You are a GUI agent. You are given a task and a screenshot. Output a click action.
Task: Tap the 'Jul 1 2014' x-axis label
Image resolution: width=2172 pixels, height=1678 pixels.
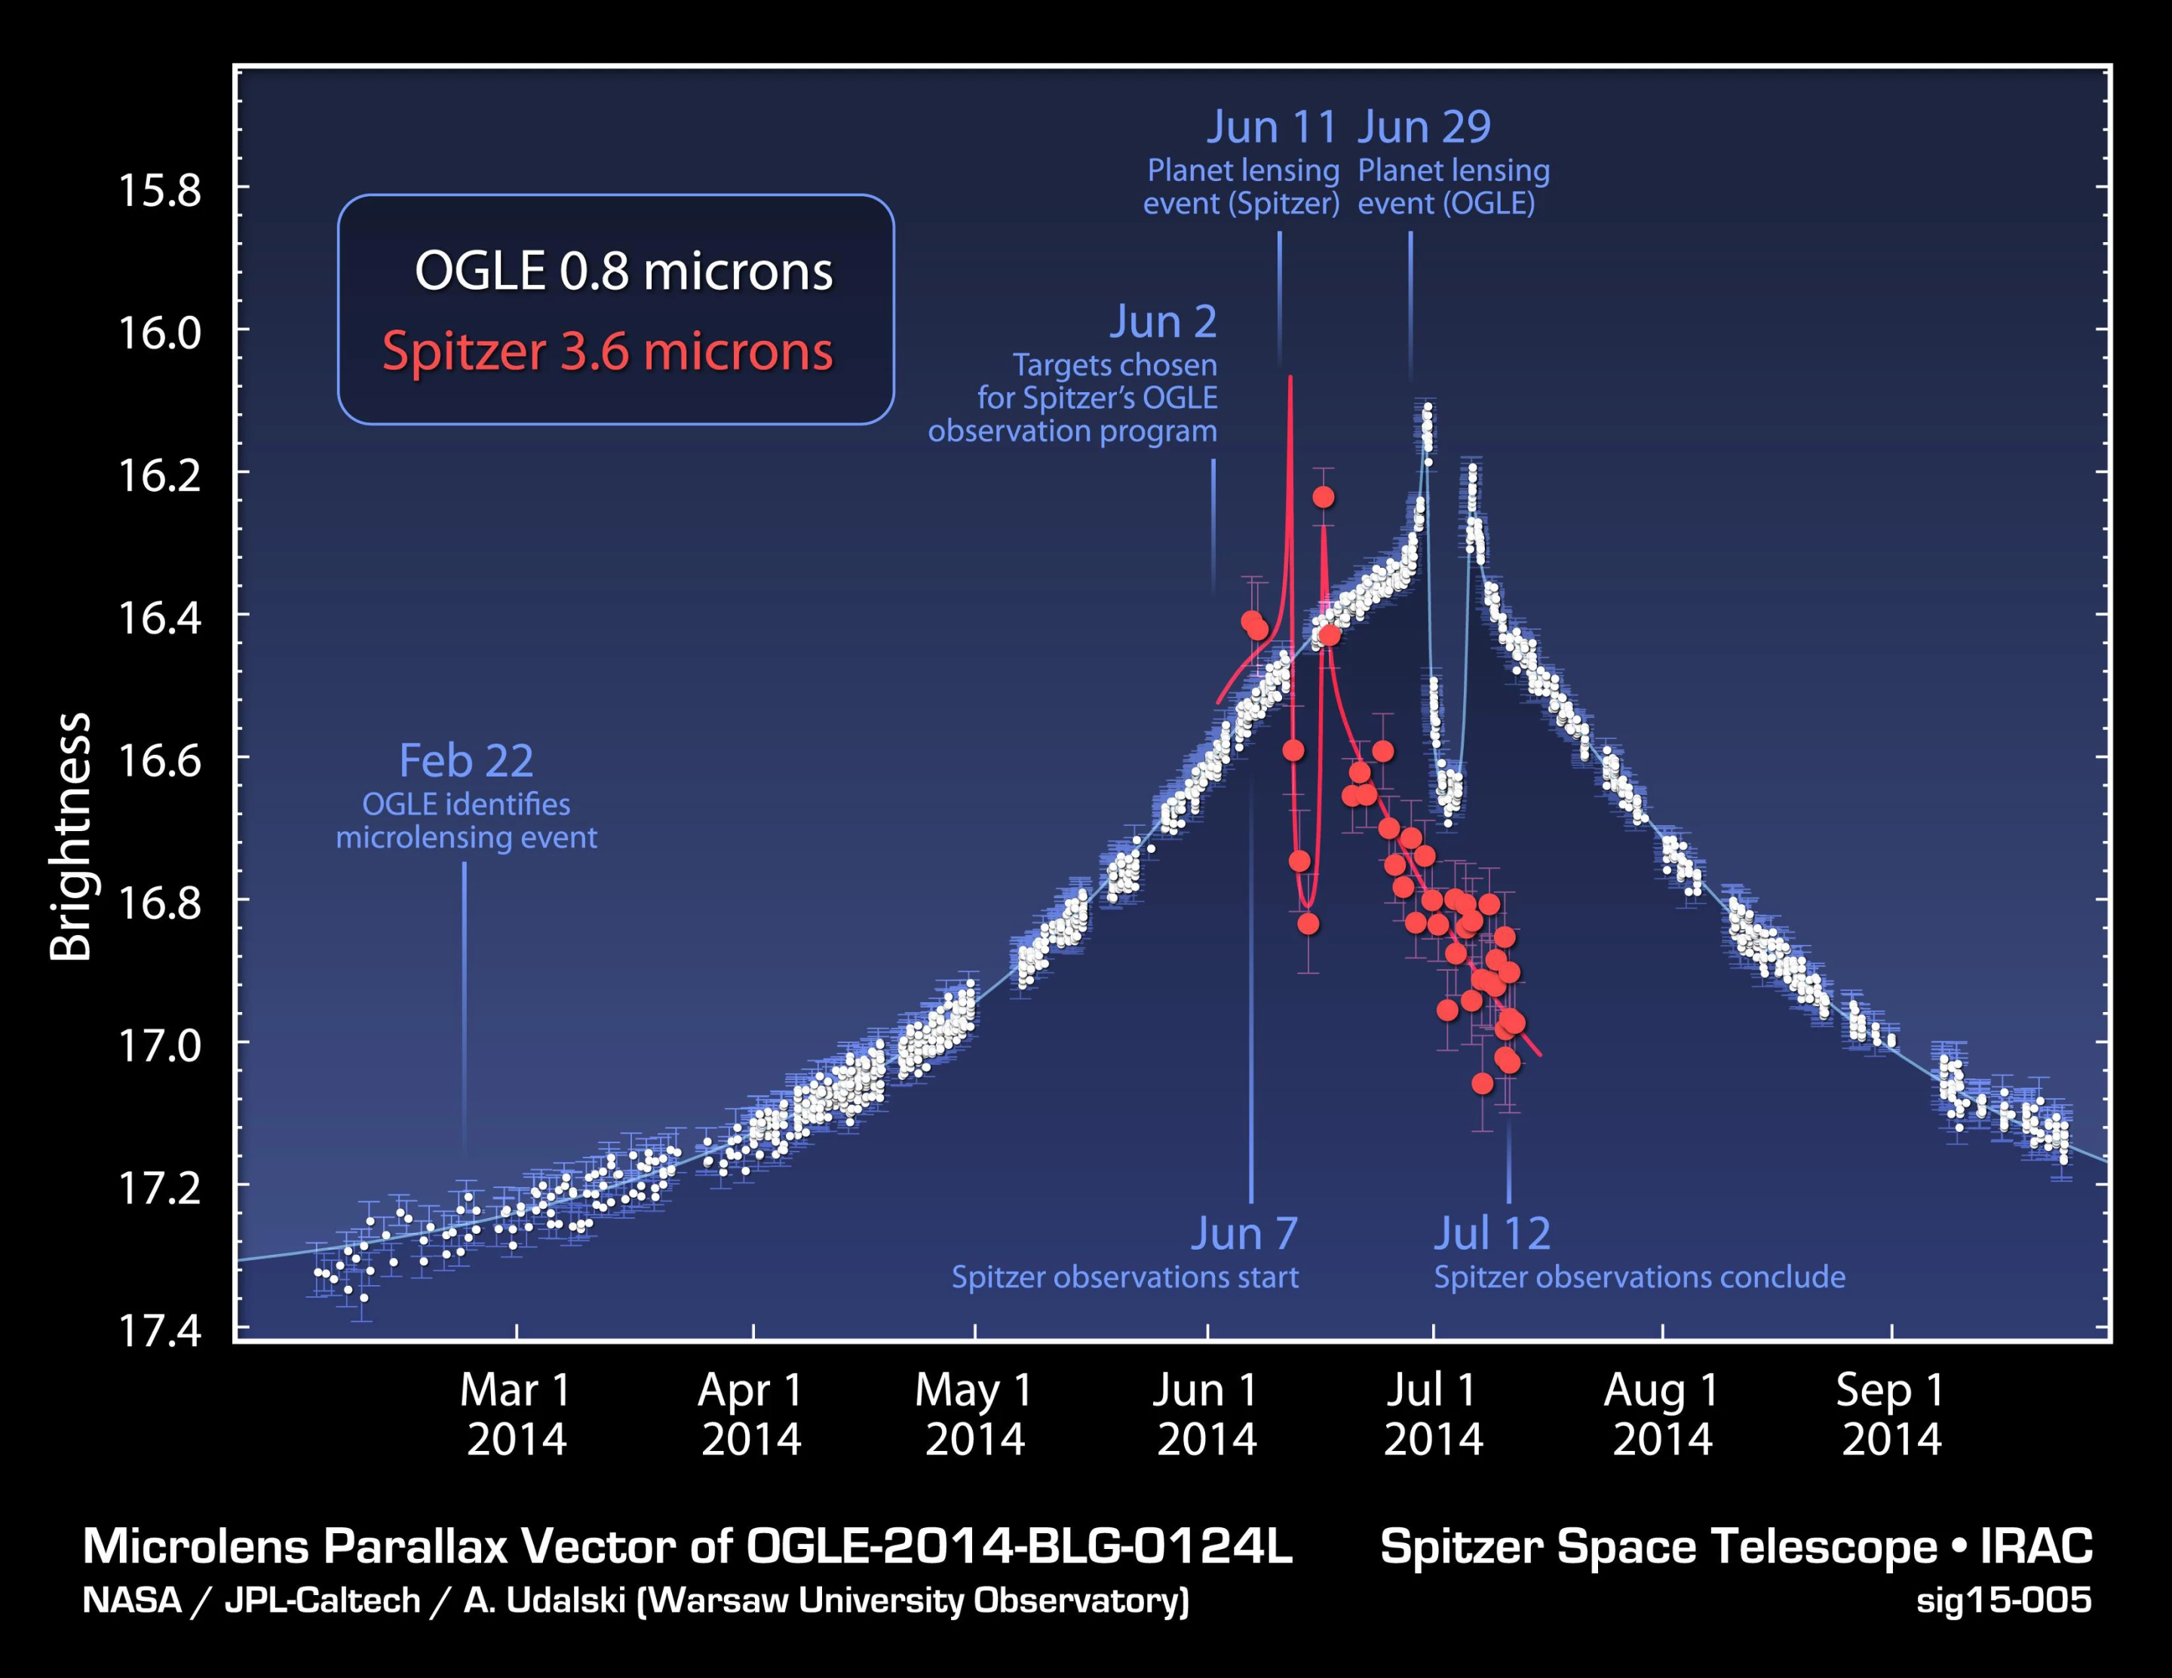[1432, 1413]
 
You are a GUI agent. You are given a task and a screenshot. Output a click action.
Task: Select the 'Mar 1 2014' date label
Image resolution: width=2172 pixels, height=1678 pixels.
[516, 1413]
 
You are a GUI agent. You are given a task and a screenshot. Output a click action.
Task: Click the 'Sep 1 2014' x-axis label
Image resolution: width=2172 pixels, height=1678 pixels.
[1891, 1413]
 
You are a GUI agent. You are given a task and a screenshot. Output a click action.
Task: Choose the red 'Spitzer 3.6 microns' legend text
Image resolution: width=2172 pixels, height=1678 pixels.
[608, 352]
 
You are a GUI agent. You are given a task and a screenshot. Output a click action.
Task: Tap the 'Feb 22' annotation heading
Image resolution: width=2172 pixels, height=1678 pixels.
[465, 761]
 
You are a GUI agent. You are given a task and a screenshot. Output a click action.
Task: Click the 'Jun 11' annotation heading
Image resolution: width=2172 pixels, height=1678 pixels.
[1271, 127]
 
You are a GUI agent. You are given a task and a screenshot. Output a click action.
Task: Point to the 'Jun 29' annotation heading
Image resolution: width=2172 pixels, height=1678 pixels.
[1424, 127]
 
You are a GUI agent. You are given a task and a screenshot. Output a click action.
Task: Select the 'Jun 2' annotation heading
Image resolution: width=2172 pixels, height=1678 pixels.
[1163, 322]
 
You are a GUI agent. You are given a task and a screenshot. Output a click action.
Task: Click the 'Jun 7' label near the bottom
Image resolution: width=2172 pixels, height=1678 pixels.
[1244, 1233]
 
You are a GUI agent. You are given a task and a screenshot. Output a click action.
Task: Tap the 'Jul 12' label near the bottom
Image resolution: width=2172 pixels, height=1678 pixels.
[1492, 1233]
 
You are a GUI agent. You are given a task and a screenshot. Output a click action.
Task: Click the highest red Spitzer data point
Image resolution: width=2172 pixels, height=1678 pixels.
[1323, 496]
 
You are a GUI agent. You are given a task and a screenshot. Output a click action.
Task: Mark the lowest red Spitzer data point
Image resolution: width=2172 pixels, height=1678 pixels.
[1482, 1083]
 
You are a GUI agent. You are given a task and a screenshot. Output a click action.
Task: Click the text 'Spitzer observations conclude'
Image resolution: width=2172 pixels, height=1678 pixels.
[1639, 1277]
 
